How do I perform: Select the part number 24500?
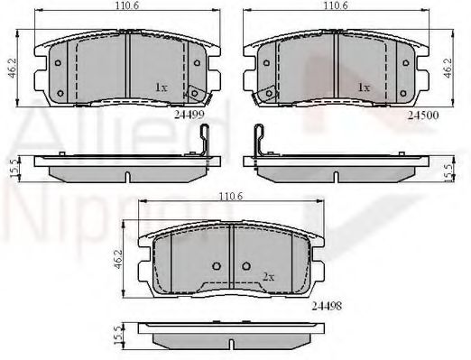pyautogui.click(x=422, y=115)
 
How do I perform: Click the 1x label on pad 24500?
pyautogui.click(x=364, y=88)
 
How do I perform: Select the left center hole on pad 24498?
pyautogui.click(x=217, y=265)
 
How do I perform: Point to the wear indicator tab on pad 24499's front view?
pyautogui.click(x=190, y=93)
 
